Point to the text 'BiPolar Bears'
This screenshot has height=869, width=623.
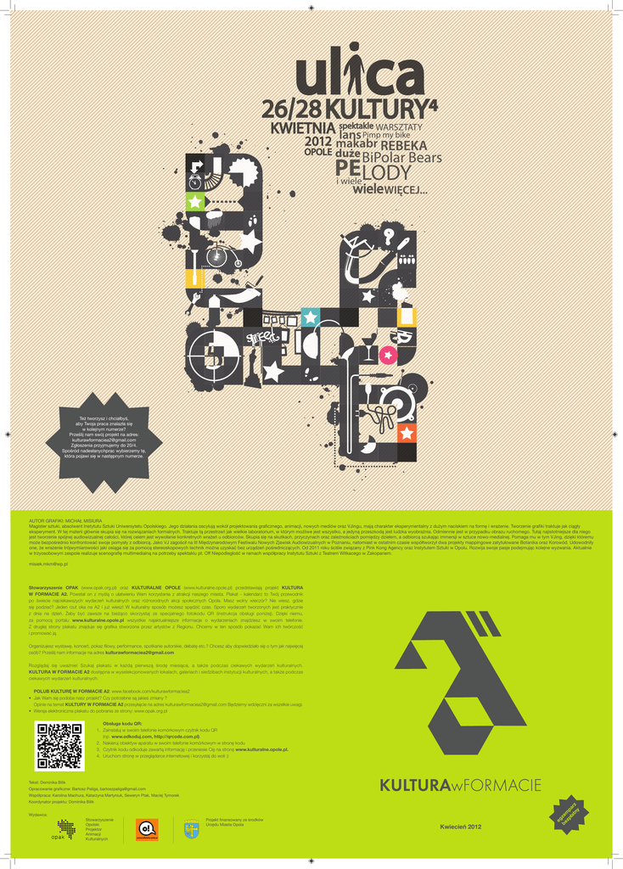tap(401, 158)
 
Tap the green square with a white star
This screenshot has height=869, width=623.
tap(195, 202)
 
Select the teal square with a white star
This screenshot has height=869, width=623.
tap(311, 317)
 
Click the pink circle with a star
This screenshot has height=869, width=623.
tap(388, 354)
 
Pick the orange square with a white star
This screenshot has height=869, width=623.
tap(407, 434)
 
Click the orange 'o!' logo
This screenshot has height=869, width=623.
tap(148, 827)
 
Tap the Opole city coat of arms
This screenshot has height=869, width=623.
tap(192, 828)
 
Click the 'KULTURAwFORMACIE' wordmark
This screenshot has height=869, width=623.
tap(461, 785)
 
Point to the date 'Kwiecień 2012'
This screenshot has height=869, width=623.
tap(461, 827)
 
